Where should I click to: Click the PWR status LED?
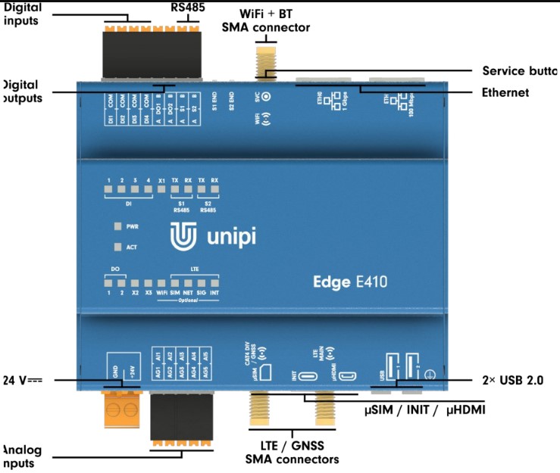click(117, 226)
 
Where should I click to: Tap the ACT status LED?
click(117, 247)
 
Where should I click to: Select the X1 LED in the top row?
click(161, 188)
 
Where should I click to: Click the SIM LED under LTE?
click(175, 282)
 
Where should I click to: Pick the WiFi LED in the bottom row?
click(161, 282)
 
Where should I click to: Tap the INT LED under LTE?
click(215, 282)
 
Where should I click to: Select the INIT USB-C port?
click(308, 375)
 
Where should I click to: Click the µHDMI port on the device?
click(348, 376)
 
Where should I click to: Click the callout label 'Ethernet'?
click(505, 93)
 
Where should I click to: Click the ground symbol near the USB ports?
click(428, 374)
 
